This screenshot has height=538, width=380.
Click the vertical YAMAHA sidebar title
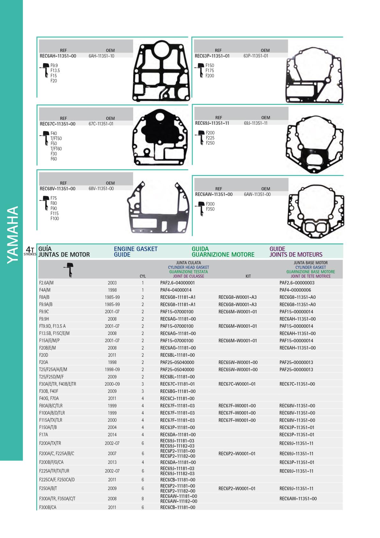(x=12, y=235)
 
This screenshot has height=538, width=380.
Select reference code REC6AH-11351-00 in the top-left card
(x=58, y=56)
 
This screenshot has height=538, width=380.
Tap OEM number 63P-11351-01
(x=256, y=56)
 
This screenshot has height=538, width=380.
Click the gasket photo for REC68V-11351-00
(x=158, y=207)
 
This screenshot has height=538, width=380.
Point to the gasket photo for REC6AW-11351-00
(x=316, y=211)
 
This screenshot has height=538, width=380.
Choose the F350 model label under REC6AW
(x=210, y=209)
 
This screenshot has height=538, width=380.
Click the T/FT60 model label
(x=56, y=149)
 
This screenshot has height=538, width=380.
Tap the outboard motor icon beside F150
(x=200, y=70)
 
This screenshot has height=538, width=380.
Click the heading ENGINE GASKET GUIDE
(x=136, y=252)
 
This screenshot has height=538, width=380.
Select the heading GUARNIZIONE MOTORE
(x=223, y=254)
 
